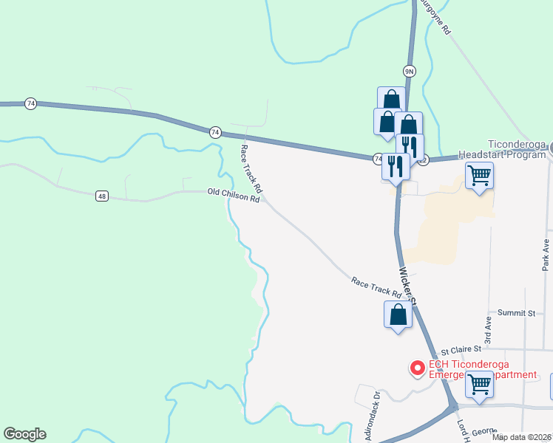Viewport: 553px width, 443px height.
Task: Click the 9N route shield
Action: point(410,71)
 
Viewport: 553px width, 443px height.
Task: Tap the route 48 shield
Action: point(102,196)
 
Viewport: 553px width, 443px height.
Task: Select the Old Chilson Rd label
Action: point(234,196)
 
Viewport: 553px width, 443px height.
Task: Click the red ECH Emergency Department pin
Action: point(417,367)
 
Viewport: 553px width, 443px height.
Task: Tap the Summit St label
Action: point(516,313)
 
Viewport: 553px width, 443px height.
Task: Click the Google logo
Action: point(24,434)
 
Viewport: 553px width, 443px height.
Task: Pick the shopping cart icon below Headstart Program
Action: point(479,176)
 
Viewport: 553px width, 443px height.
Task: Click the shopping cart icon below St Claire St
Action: point(480,384)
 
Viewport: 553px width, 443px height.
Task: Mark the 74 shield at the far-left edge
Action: point(30,103)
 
